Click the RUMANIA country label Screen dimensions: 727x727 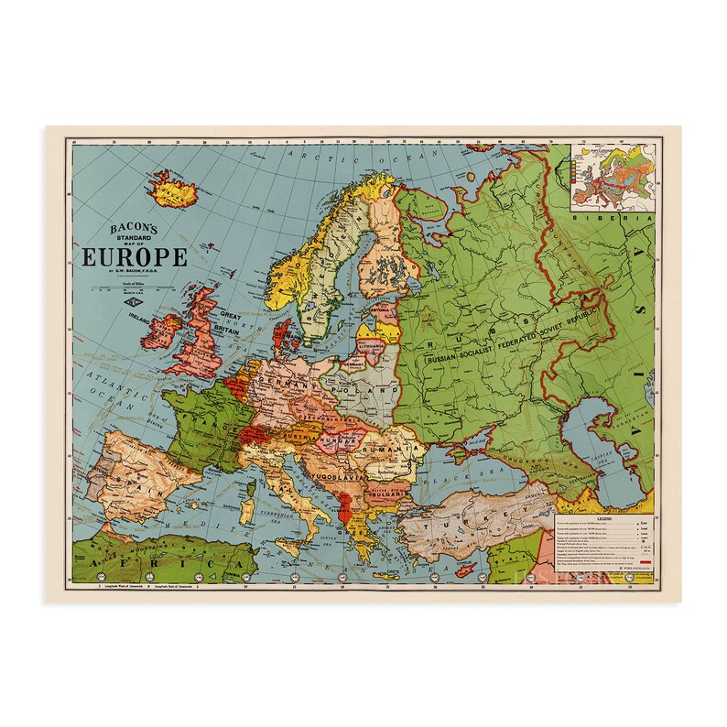pos(385,450)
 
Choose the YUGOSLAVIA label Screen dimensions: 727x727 pos(339,476)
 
